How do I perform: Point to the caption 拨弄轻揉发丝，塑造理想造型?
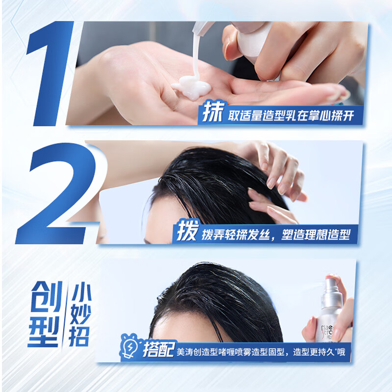[x=275, y=234]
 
